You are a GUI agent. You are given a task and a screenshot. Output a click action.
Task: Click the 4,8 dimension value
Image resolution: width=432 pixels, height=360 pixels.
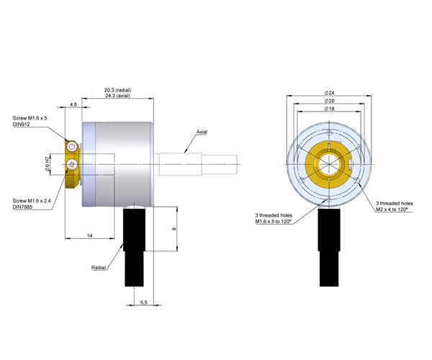tap(73, 104)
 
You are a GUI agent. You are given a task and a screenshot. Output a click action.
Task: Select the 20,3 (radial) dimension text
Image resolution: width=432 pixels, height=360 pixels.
tap(117, 90)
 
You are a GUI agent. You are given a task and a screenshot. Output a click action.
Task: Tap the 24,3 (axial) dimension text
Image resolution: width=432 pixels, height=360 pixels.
tap(117, 96)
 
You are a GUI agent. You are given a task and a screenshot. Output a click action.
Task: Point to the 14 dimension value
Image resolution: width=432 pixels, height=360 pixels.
tap(90, 235)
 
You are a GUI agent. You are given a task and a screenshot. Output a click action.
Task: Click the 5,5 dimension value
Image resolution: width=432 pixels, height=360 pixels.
tap(144, 302)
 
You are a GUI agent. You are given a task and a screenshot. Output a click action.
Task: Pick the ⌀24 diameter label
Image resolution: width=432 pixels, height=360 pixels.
tap(330, 93)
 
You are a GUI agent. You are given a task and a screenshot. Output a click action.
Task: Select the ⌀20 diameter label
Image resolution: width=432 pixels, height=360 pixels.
tap(330, 101)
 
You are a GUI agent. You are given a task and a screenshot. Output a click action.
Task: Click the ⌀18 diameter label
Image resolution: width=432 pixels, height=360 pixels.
tap(330, 109)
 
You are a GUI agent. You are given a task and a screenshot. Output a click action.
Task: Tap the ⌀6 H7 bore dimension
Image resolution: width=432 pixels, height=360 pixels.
tap(48, 164)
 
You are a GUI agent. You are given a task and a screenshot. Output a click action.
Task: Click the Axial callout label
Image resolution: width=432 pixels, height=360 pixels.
tap(202, 132)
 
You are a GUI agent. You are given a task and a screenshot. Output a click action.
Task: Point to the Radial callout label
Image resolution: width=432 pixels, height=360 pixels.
tap(99, 267)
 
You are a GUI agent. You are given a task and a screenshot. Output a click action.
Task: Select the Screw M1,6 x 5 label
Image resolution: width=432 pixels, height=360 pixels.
tap(30, 118)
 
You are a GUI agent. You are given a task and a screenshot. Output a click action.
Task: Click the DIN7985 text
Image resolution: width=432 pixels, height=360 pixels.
tap(22, 207)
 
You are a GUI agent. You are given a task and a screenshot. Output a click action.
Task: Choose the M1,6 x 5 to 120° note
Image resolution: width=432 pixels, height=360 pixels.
tap(274, 222)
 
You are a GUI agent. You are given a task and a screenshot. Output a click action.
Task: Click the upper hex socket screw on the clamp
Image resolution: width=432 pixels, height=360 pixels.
tap(72, 146)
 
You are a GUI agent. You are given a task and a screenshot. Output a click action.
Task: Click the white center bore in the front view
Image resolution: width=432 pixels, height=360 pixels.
tap(329, 164)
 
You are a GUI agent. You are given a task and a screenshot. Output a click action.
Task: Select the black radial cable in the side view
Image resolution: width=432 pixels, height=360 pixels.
tap(134, 248)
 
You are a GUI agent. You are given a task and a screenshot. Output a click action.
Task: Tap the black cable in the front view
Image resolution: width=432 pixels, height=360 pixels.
tap(329, 248)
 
